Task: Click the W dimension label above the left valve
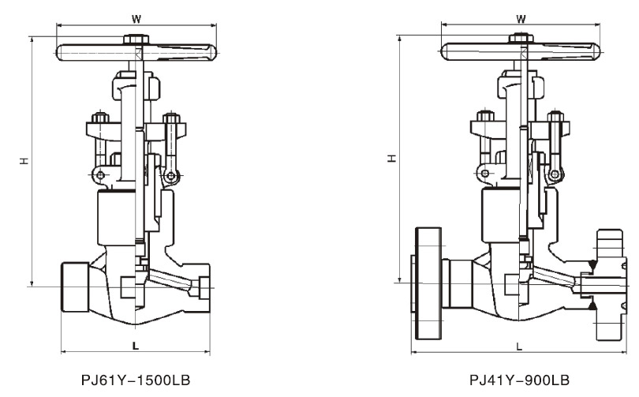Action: coord(136,19)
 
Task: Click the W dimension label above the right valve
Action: coord(521,19)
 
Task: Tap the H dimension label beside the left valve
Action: coord(25,160)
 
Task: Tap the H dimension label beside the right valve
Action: coord(392,158)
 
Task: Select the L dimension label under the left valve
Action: coord(136,346)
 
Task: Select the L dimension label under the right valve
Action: coord(519,346)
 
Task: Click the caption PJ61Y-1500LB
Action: coord(136,380)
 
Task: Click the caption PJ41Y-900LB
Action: coord(519,380)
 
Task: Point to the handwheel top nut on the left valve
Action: coord(136,39)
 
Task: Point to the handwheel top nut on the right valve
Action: coord(521,39)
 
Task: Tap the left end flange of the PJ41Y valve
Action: coord(428,283)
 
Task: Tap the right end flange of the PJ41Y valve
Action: coord(610,285)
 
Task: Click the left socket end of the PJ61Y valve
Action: coord(75,287)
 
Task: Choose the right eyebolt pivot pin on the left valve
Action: coord(171,177)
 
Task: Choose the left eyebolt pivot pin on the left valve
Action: coord(100,176)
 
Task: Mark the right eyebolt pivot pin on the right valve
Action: coord(555,175)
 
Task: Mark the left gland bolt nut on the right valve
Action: coord(485,116)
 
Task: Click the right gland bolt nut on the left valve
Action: coord(171,118)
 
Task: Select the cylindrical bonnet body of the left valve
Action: coord(117,218)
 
